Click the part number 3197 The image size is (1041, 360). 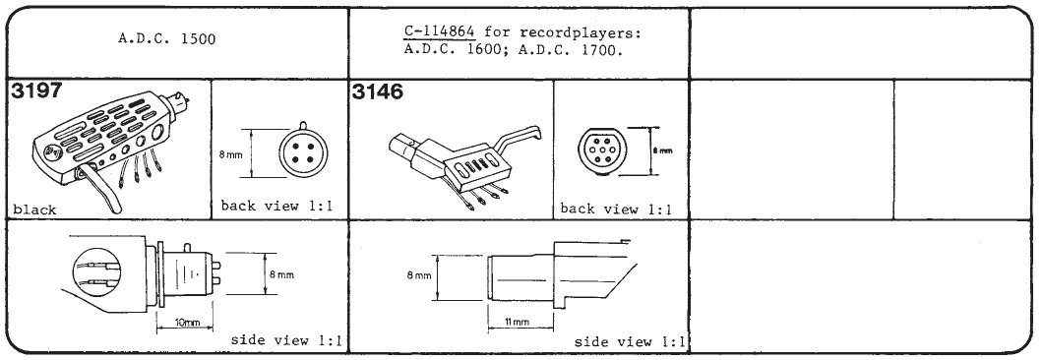pyautogui.click(x=36, y=91)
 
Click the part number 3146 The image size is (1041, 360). pyautogui.click(x=377, y=92)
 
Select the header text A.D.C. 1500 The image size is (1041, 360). pyautogui.click(x=166, y=38)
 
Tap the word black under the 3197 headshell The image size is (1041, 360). pyautogui.click(x=34, y=210)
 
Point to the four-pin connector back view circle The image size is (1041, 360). pyautogui.click(x=303, y=152)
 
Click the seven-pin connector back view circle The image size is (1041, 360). pyautogui.click(x=602, y=151)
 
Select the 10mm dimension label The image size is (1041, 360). pyautogui.click(x=186, y=323)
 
